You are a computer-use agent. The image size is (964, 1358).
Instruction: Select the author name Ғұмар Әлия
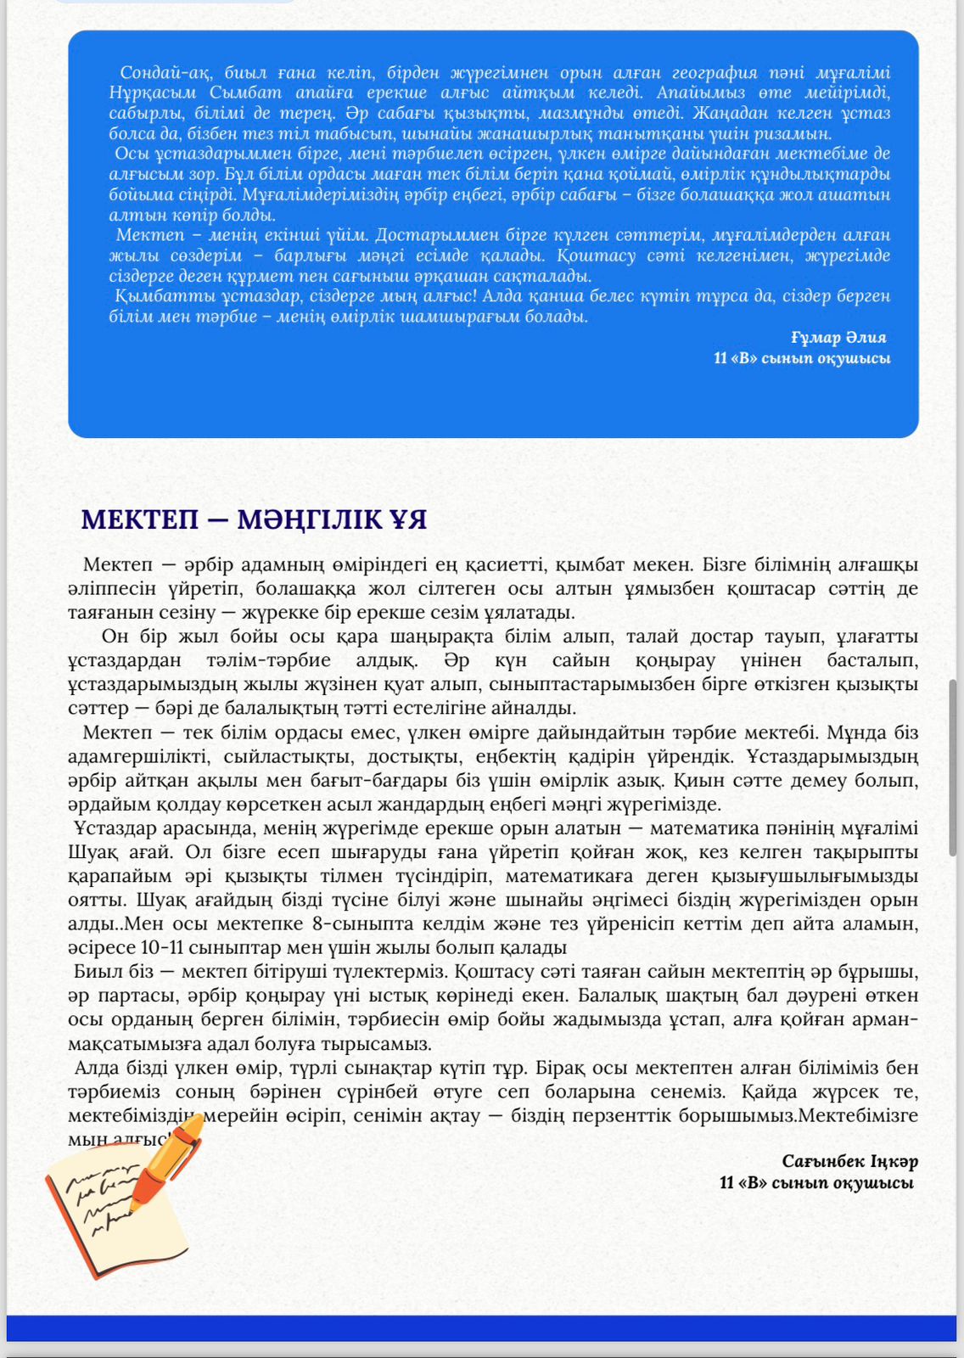[838, 337]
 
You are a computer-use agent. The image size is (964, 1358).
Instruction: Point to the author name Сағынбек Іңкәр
[849, 1160]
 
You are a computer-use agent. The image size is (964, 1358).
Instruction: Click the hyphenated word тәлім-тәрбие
[268, 660]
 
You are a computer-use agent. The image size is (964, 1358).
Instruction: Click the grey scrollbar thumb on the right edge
[955, 768]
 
